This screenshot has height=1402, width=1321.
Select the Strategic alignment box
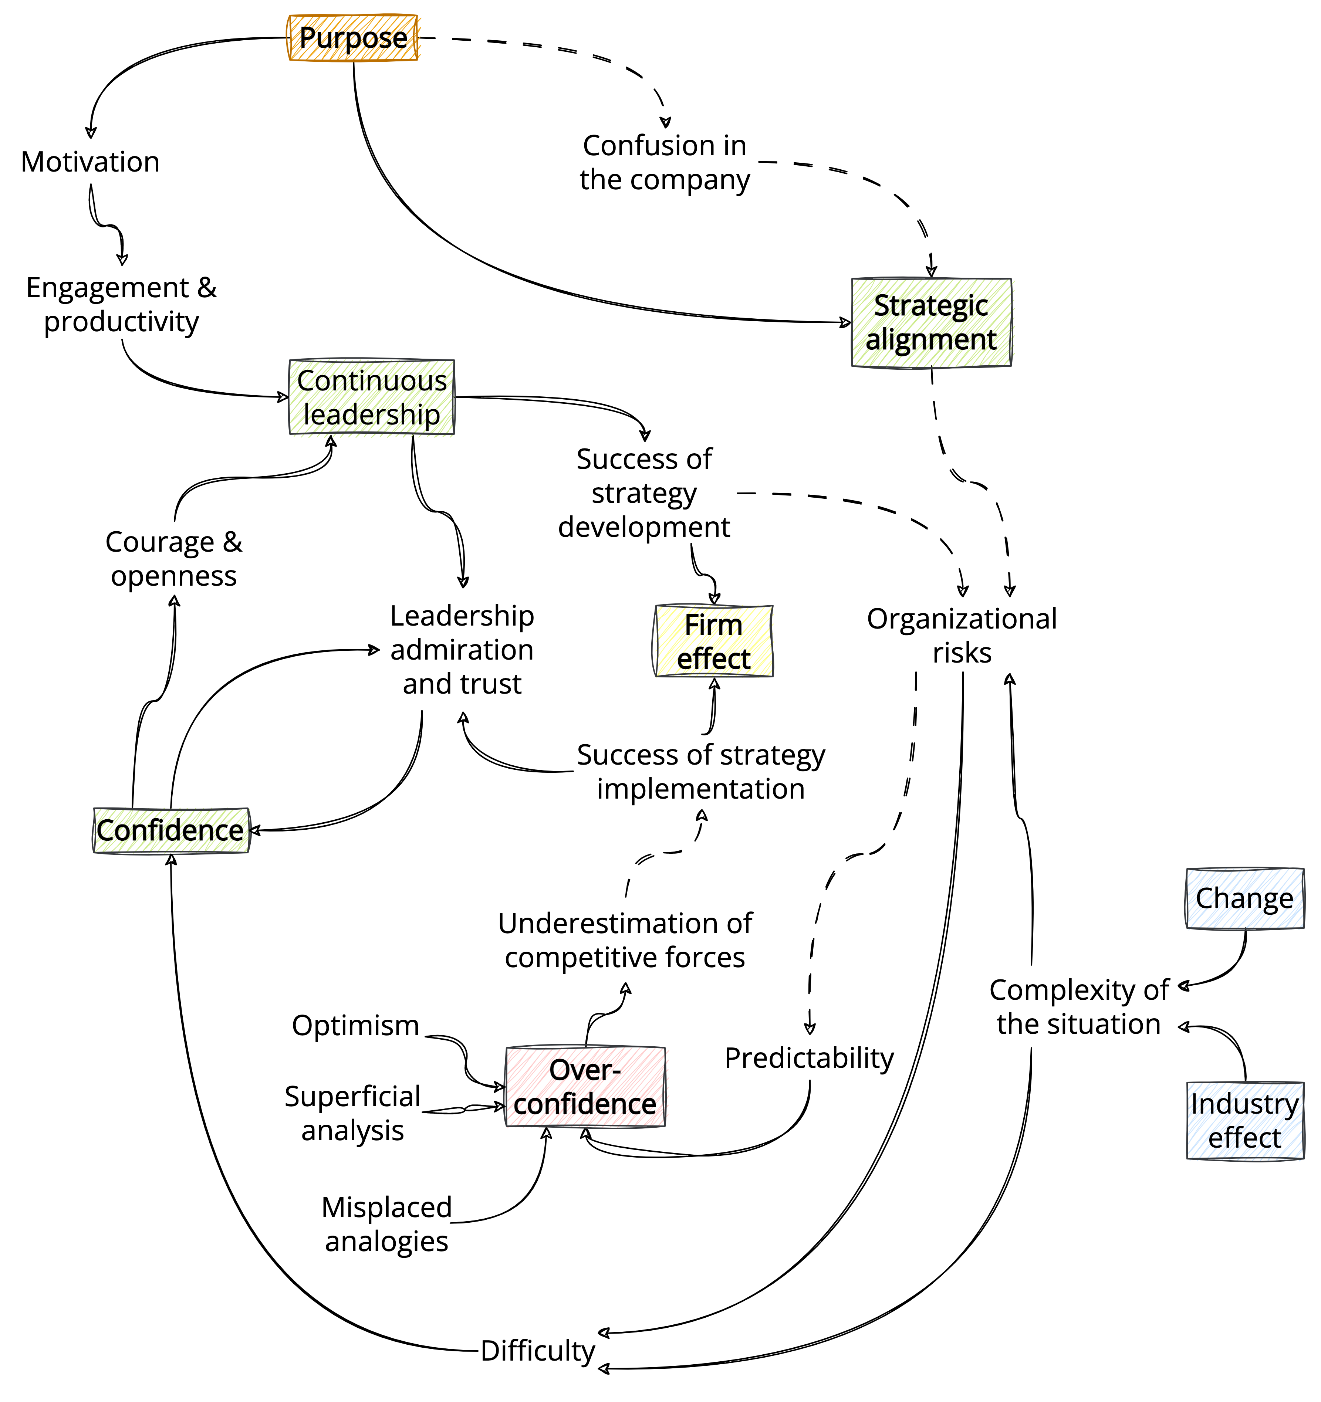[932, 322]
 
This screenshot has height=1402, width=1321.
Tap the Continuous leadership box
[372, 398]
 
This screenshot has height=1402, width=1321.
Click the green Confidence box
[171, 830]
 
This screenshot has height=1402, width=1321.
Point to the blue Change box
[1245, 898]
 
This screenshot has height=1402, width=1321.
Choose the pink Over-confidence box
[585, 1087]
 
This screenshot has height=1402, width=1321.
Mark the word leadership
[372, 415]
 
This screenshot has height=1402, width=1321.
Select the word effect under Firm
[714, 659]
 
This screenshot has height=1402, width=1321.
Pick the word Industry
[1245, 1104]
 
